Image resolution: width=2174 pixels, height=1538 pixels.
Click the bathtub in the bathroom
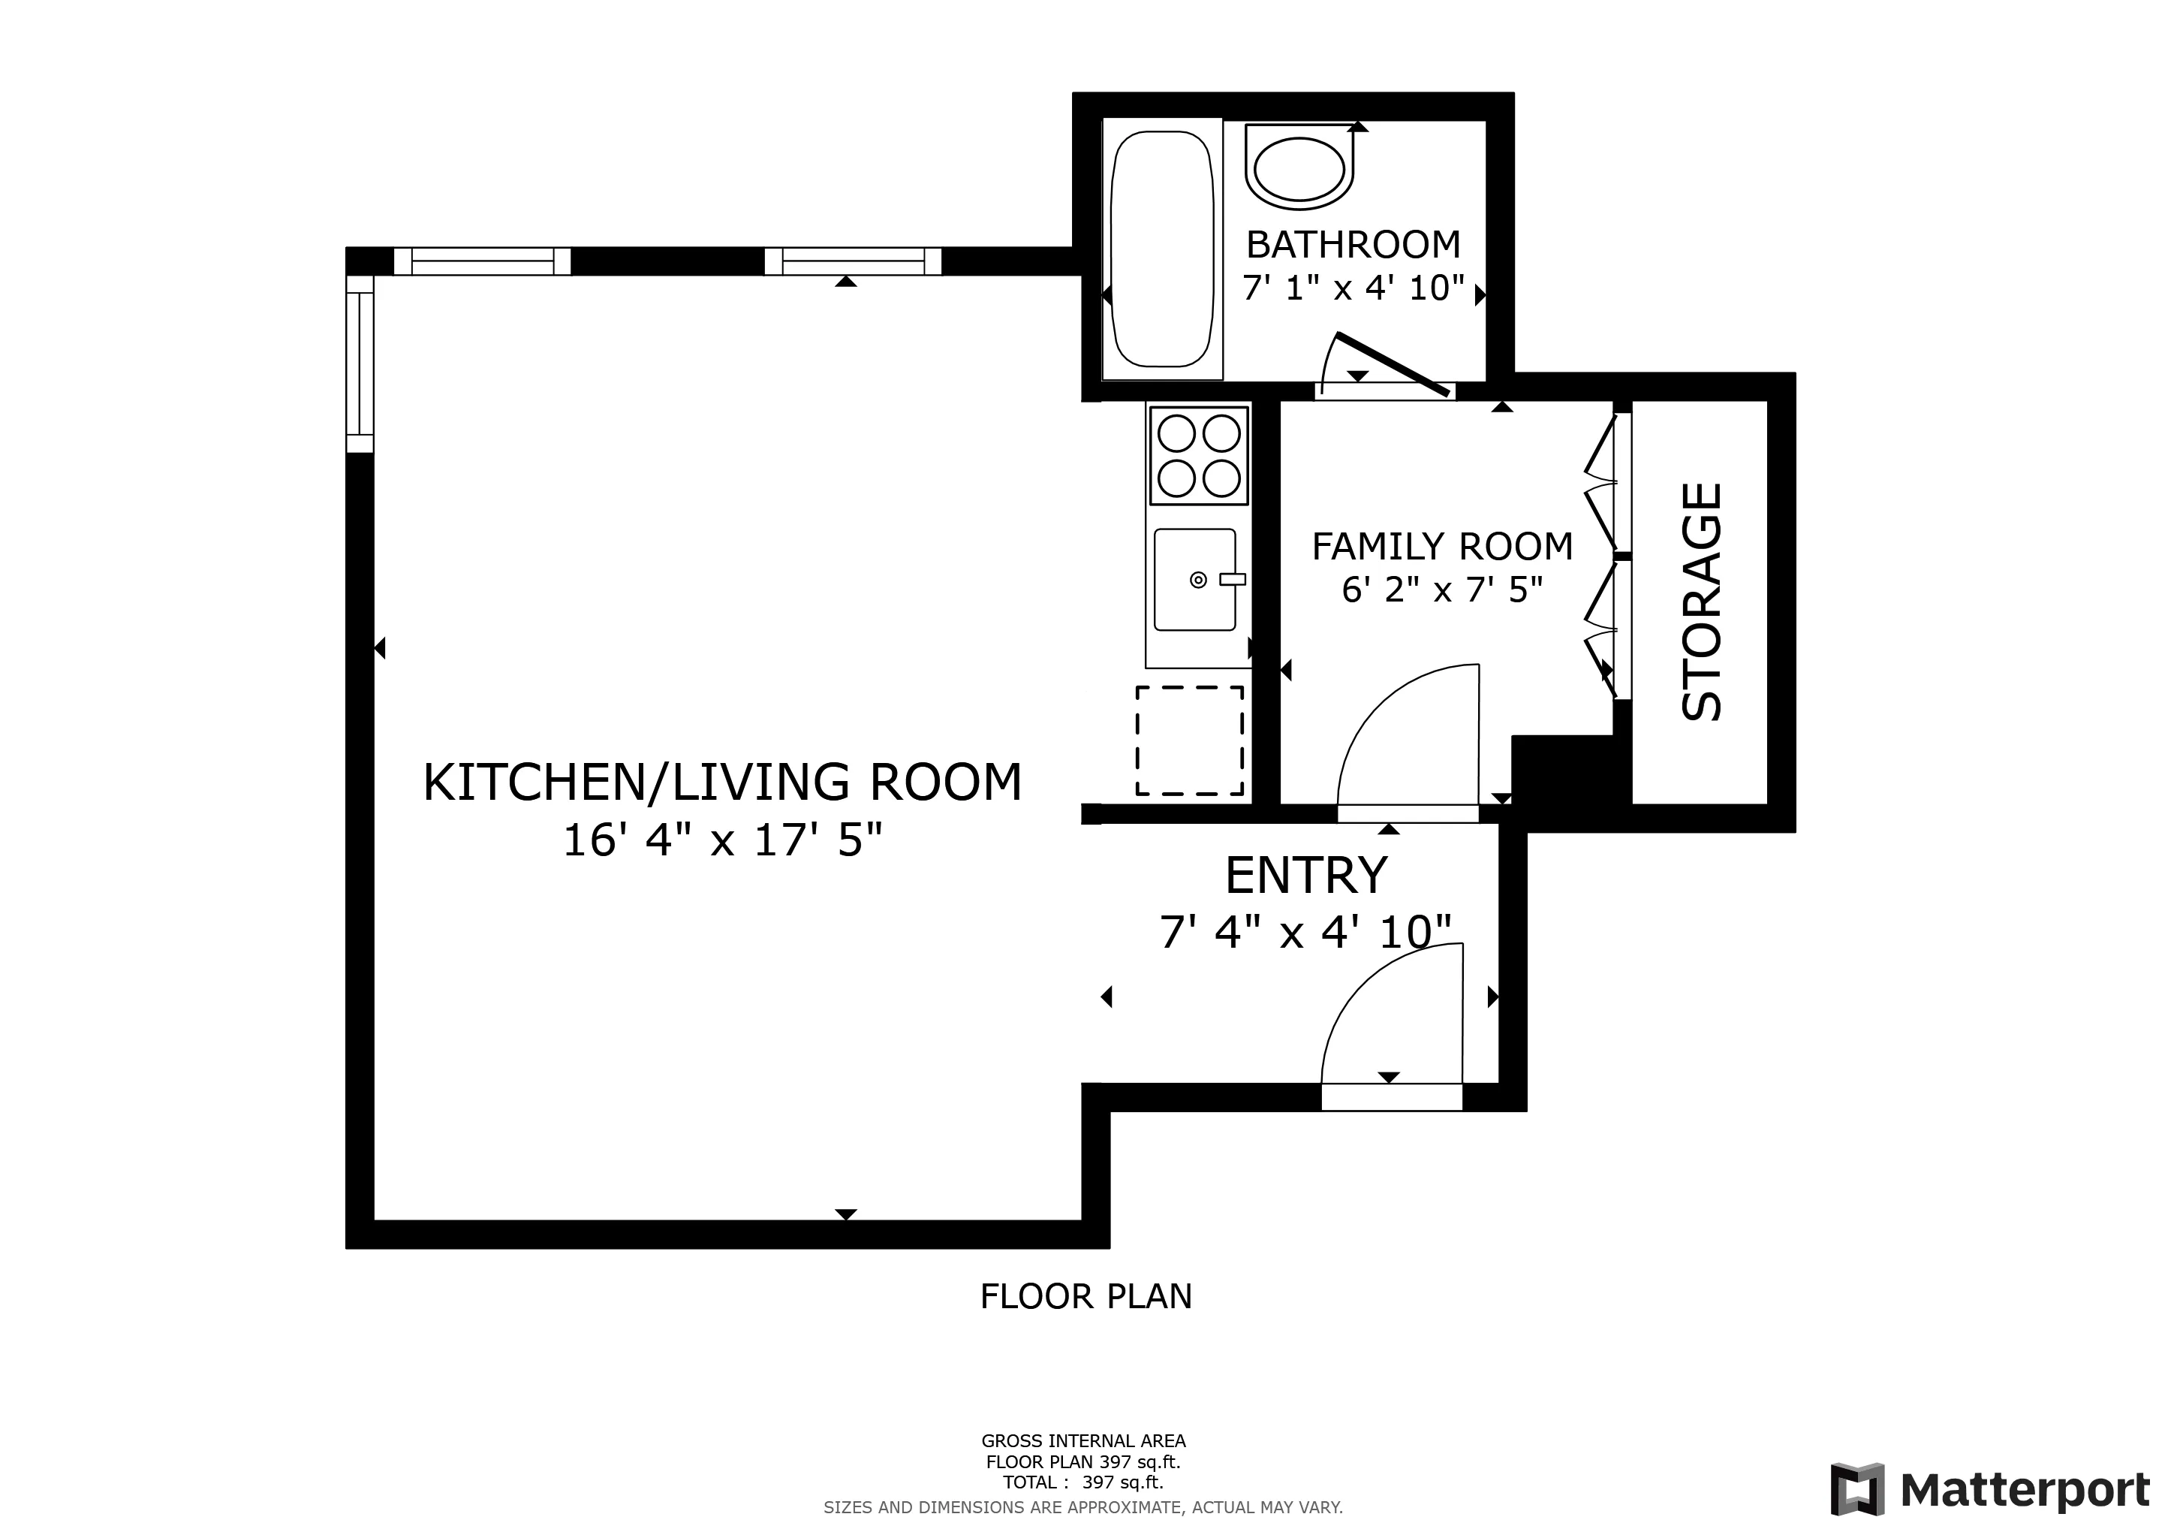(x=1162, y=249)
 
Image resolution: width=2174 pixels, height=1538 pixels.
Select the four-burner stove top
(x=1198, y=456)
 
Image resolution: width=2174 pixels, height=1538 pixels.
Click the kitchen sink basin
(x=1194, y=580)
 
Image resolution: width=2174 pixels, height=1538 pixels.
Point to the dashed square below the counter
(x=1189, y=740)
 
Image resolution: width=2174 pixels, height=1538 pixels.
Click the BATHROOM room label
(x=1353, y=246)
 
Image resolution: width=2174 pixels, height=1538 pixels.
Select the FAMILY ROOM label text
(x=1442, y=547)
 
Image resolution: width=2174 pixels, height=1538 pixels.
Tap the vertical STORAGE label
(x=1702, y=602)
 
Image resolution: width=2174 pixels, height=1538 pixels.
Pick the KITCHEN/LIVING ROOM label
(x=722, y=783)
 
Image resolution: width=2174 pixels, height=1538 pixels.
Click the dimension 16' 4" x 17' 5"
(x=722, y=840)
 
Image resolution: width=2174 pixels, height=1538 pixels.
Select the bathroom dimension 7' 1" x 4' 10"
(x=1353, y=288)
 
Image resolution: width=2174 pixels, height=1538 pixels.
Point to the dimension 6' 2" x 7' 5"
(x=1442, y=590)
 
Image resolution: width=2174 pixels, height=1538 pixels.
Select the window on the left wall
(x=360, y=363)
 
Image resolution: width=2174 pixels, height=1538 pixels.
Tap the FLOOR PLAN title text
(x=1086, y=1296)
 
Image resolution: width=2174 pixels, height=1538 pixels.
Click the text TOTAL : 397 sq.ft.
(x=1083, y=1482)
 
